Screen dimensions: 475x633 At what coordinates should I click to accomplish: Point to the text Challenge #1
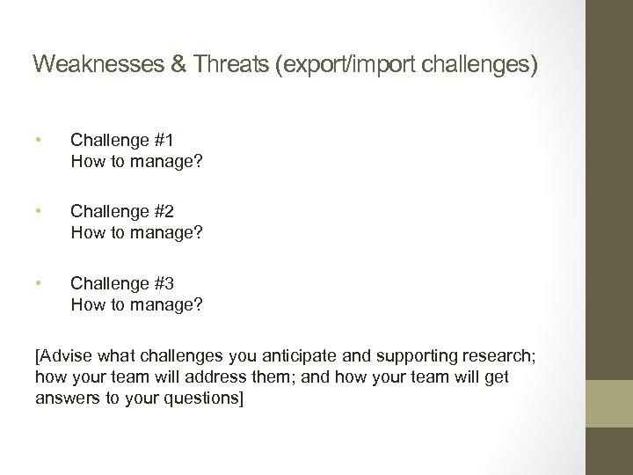[x=122, y=139]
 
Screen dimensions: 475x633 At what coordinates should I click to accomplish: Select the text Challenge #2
[x=122, y=211]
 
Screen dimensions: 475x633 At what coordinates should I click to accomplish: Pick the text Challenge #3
[x=122, y=283]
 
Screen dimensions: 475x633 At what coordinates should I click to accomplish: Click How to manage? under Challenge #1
[x=136, y=161]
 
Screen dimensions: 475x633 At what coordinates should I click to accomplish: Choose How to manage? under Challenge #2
[x=136, y=233]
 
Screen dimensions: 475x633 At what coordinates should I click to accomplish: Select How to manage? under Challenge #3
[x=136, y=305]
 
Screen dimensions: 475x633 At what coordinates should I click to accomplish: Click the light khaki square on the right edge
[x=609, y=404]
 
